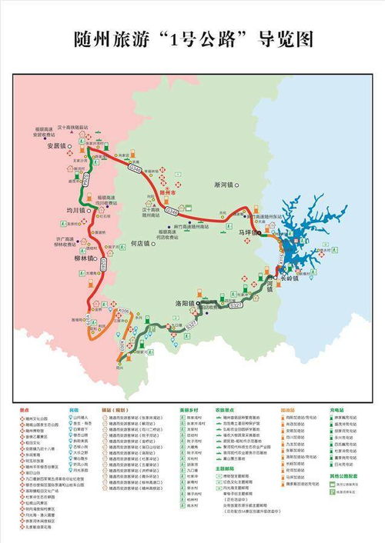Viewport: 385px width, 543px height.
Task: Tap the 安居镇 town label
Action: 58,145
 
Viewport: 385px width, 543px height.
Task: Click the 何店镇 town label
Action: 142,243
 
